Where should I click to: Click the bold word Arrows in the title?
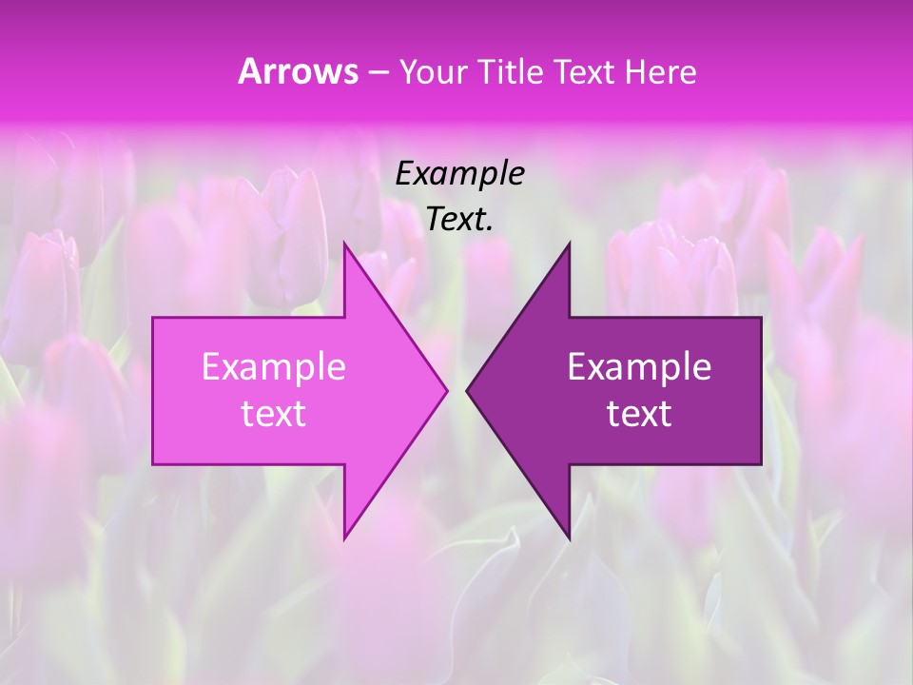tap(297, 71)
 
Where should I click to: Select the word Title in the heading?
tap(512, 72)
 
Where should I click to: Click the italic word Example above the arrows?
tap(459, 173)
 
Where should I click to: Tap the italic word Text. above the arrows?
tap(459, 219)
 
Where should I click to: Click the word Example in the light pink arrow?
tap(273, 366)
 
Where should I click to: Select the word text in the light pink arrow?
tap(273, 413)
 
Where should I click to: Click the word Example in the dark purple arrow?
tap(639, 366)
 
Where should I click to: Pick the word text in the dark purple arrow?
tap(639, 413)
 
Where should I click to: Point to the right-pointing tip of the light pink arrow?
tap(447, 390)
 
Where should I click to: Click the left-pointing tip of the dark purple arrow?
tap(467, 390)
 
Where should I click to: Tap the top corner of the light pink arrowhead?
tap(344, 244)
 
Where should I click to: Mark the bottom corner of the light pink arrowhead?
tap(344, 538)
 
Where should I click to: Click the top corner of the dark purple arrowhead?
tap(570, 244)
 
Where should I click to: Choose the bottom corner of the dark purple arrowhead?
tap(570, 538)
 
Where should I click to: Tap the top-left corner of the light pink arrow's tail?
tap(153, 318)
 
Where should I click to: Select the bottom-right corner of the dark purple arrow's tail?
tap(761, 464)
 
